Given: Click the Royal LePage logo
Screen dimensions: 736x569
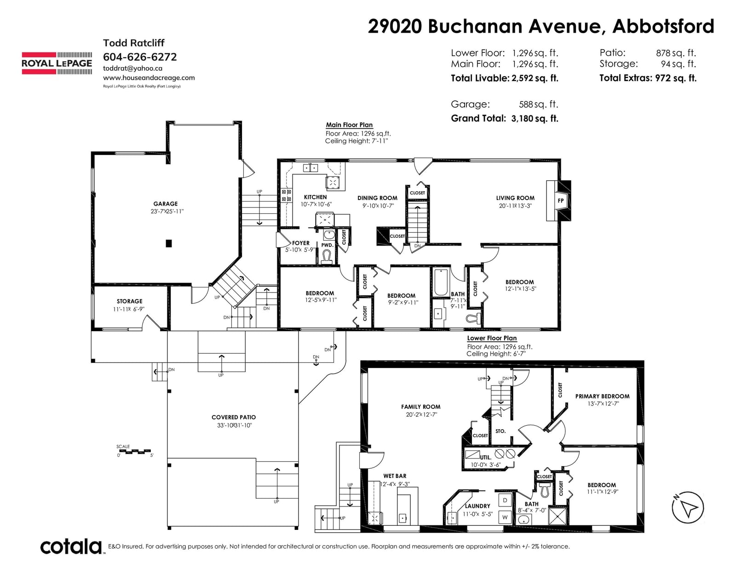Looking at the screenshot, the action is click(57, 63).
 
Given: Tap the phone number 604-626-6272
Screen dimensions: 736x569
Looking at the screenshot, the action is click(140, 57).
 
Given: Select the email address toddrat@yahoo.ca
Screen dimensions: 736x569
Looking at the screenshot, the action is click(133, 69).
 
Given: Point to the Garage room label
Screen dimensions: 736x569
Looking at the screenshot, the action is click(165, 204).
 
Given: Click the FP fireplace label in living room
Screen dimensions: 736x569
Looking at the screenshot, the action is click(561, 201).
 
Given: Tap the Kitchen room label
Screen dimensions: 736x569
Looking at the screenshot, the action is click(316, 197).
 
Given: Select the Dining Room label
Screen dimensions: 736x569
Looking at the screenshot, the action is click(377, 198).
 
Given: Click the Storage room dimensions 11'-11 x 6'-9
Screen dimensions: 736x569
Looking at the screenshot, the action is click(129, 309).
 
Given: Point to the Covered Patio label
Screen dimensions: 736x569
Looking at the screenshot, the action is click(234, 418).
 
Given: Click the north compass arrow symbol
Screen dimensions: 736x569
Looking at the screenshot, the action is click(688, 507).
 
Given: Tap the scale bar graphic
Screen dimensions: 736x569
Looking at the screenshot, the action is click(135, 451).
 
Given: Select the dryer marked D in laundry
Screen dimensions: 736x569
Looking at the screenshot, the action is click(505, 500).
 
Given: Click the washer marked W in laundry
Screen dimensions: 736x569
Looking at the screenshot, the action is click(505, 517).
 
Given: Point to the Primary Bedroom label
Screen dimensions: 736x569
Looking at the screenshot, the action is click(602, 396).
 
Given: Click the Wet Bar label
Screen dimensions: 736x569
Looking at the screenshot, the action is click(395, 476).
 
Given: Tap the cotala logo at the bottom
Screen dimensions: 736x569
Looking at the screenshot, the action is click(71, 546).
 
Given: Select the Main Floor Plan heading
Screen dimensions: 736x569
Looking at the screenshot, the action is click(349, 125).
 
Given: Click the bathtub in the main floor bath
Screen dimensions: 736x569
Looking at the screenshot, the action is click(441, 282).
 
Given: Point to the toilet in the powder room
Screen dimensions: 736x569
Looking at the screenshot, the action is click(327, 256).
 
